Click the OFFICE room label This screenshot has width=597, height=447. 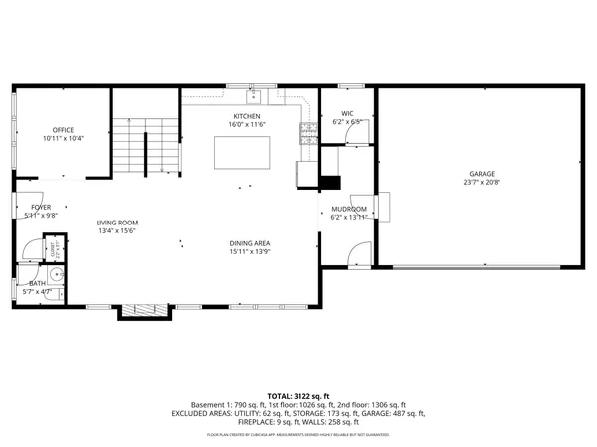coord(63,130)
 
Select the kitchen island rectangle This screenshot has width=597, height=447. coord(242,152)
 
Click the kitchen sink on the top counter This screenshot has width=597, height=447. coord(254,96)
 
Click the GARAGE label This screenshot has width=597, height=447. coord(481,174)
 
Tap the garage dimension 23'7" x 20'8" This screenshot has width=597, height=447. coord(481,183)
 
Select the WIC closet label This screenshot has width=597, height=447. coord(347,114)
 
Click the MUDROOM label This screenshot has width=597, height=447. coord(349,209)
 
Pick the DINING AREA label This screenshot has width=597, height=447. coord(250,243)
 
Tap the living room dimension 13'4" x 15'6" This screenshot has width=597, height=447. coord(117,231)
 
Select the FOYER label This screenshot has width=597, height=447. coord(40,207)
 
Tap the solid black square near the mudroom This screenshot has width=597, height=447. coord(329,182)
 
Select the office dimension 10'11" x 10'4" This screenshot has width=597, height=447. coord(63,139)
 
